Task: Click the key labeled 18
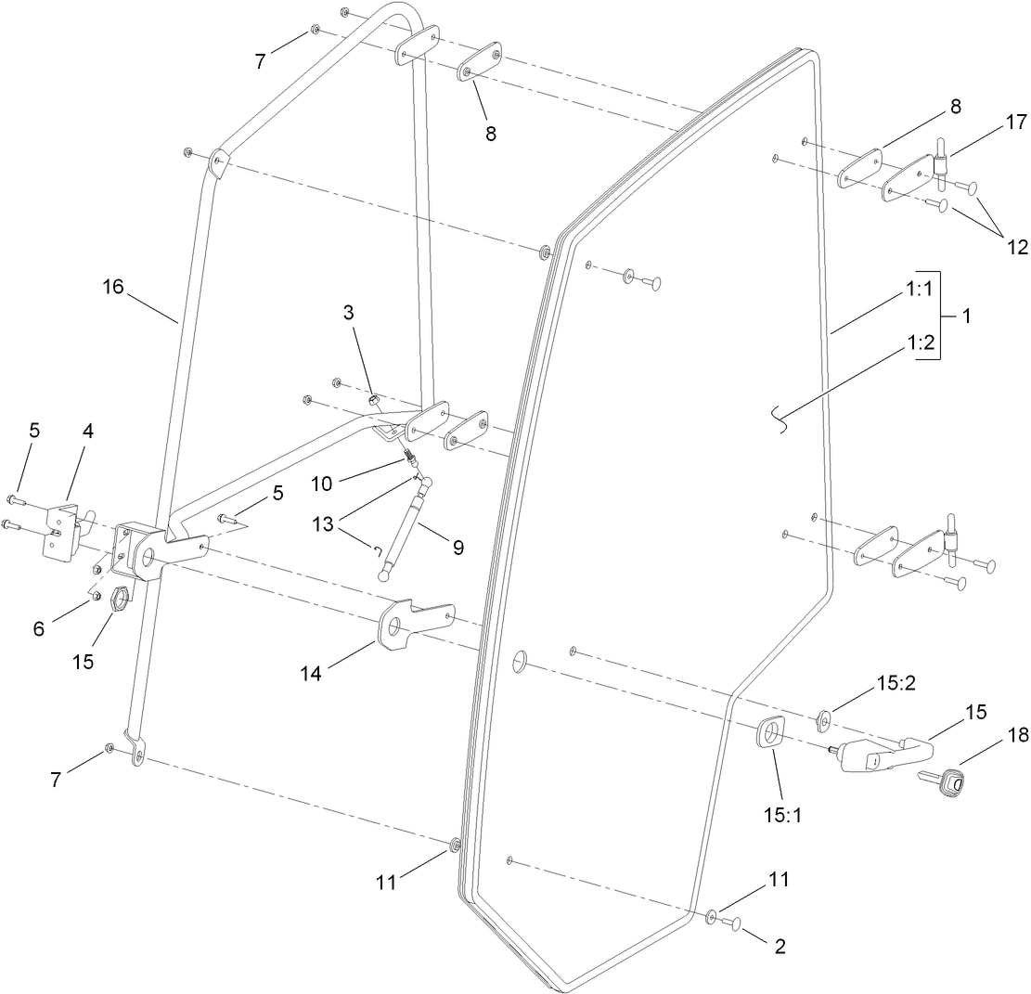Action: (x=946, y=783)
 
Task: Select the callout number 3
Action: (x=348, y=312)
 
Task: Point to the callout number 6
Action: (x=37, y=629)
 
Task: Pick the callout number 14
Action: (x=311, y=674)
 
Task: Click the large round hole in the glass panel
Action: (x=521, y=661)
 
